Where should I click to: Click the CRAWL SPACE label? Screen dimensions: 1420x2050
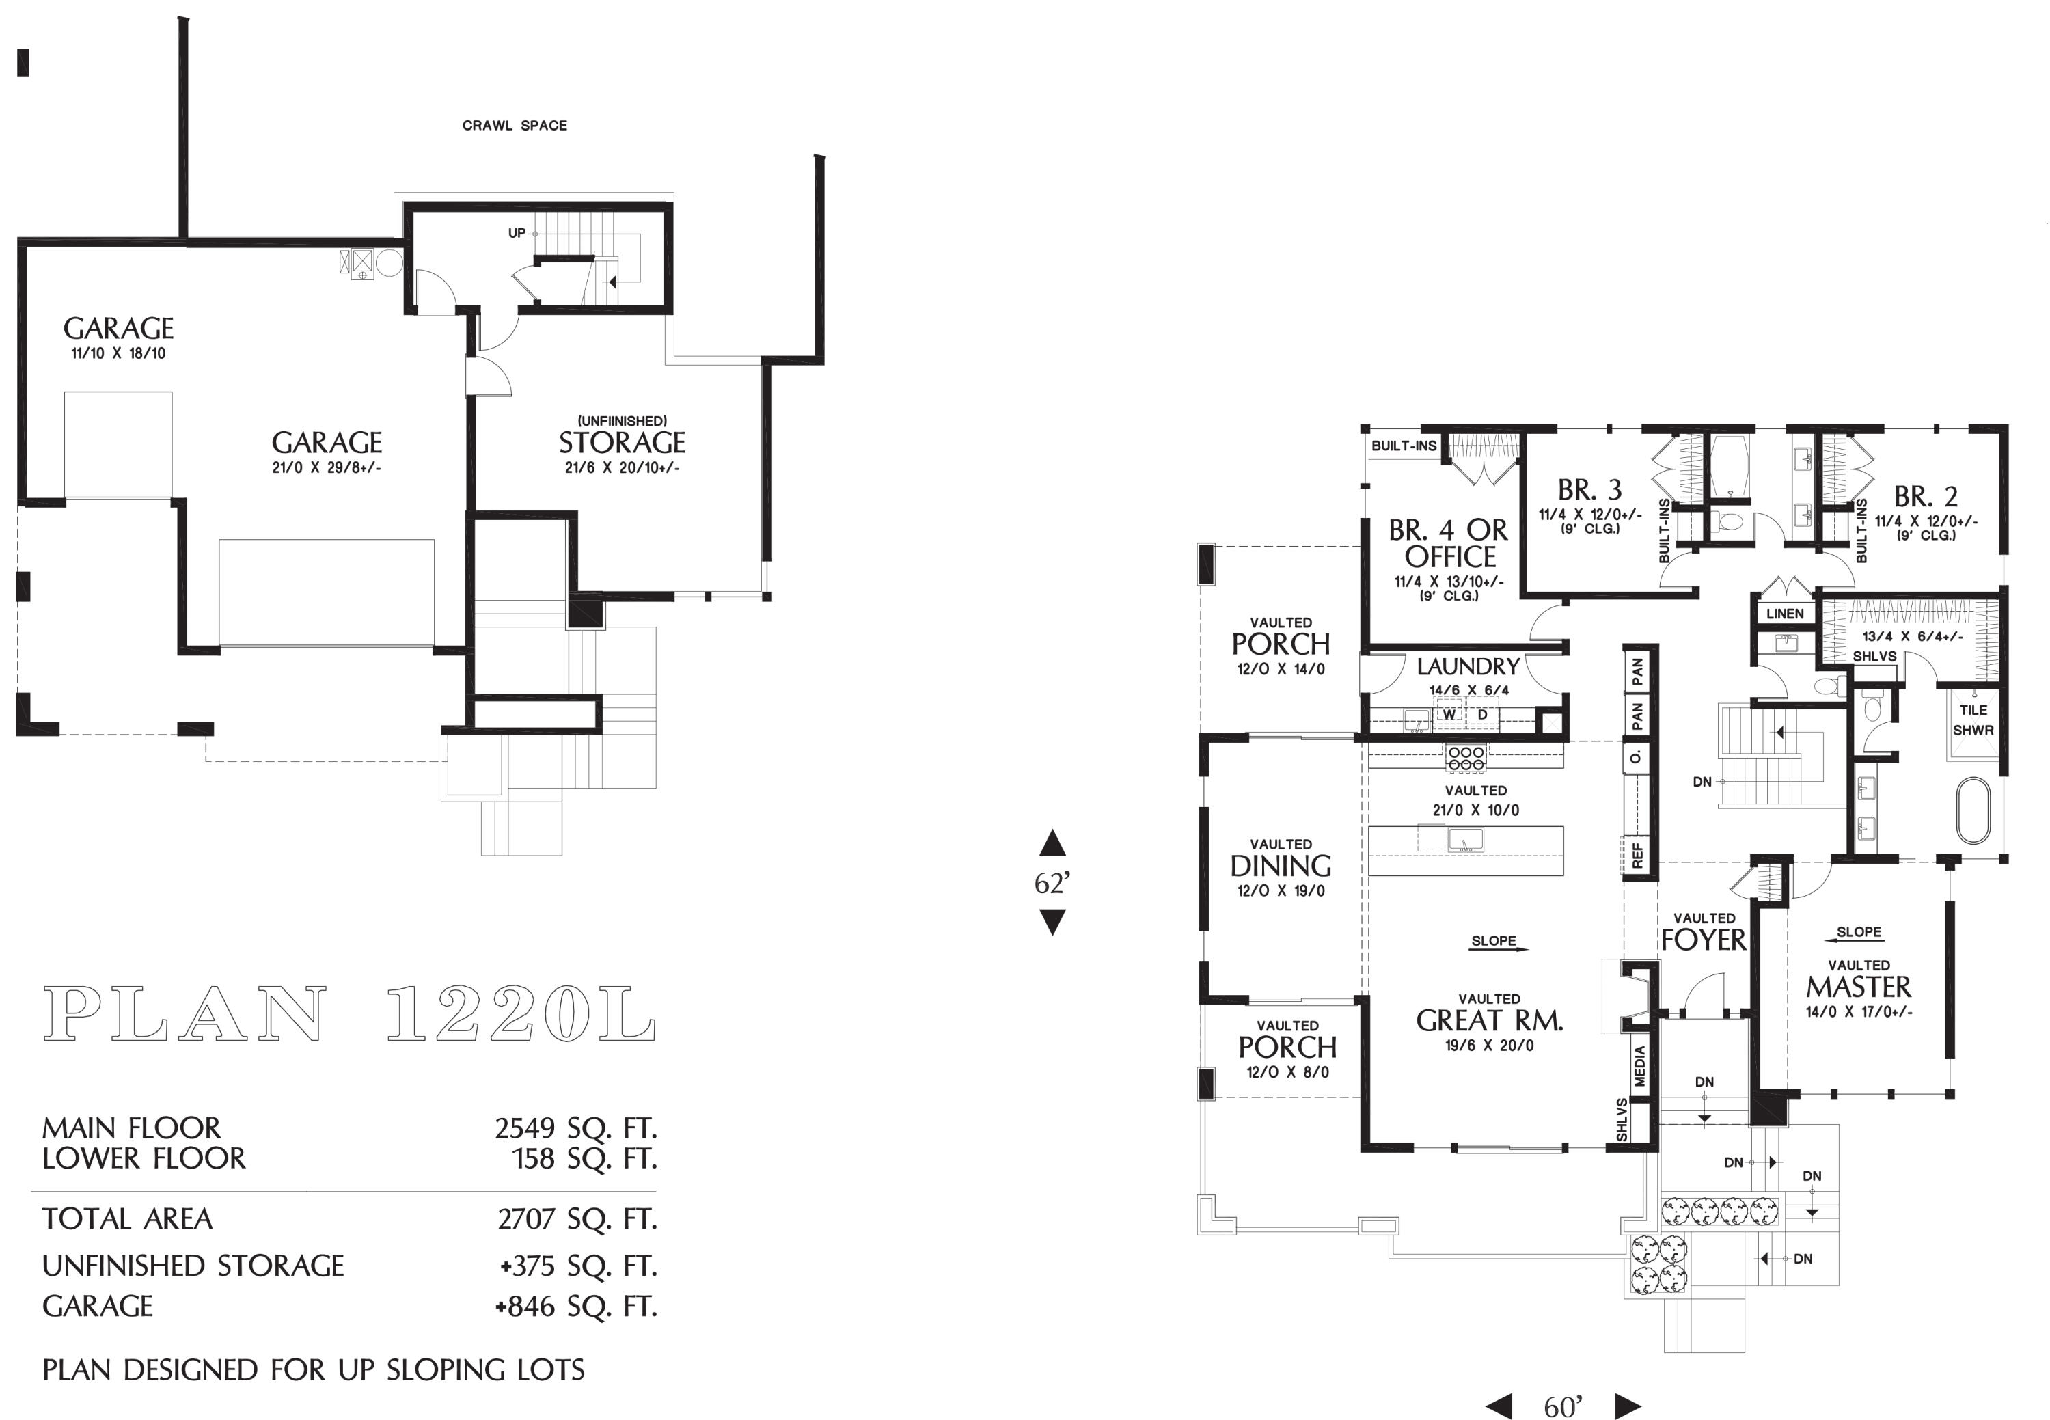(x=515, y=126)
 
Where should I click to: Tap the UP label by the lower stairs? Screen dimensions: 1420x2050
(x=516, y=233)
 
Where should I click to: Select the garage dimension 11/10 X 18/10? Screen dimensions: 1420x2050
(x=118, y=353)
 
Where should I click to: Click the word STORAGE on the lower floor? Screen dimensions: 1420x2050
(x=621, y=443)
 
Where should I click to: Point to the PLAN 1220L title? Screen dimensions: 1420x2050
(x=348, y=1014)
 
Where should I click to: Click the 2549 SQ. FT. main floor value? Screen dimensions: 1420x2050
(x=575, y=1128)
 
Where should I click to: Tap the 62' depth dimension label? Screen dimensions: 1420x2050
(x=1052, y=883)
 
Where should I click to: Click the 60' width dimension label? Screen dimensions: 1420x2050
(x=1563, y=1406)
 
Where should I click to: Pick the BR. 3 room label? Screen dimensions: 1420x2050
(x=1589, y=490)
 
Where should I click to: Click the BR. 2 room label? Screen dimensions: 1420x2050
(x=1926, y=497)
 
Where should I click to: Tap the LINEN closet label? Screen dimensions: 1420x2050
(x=1785, y=614)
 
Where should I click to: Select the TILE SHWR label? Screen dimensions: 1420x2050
(x=1973, y=720)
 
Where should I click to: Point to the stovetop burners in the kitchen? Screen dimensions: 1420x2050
(x=1466, y=757)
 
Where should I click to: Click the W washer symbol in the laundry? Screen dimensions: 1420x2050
(x=1449, y=715)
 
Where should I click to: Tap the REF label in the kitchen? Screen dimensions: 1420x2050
(x=1637, y=854)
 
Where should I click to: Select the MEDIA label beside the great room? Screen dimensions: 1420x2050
(x=1640, y=1066)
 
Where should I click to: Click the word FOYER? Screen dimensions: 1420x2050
(x=1703, y=940)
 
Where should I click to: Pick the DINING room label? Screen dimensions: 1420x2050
(x=1281, y=866)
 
